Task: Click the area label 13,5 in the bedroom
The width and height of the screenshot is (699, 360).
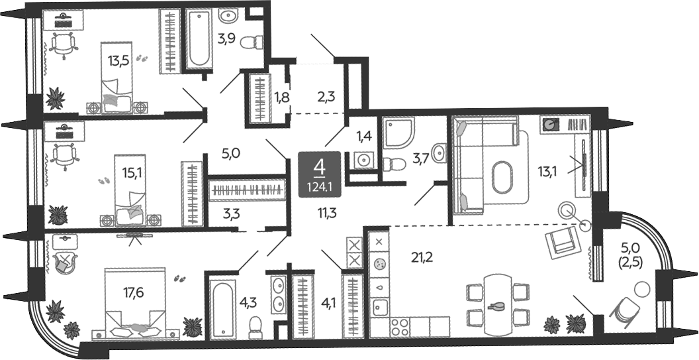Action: point(118,61)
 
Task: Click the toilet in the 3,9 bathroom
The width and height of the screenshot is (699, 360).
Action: point(252,43)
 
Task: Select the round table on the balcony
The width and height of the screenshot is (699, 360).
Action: point(641,288)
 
